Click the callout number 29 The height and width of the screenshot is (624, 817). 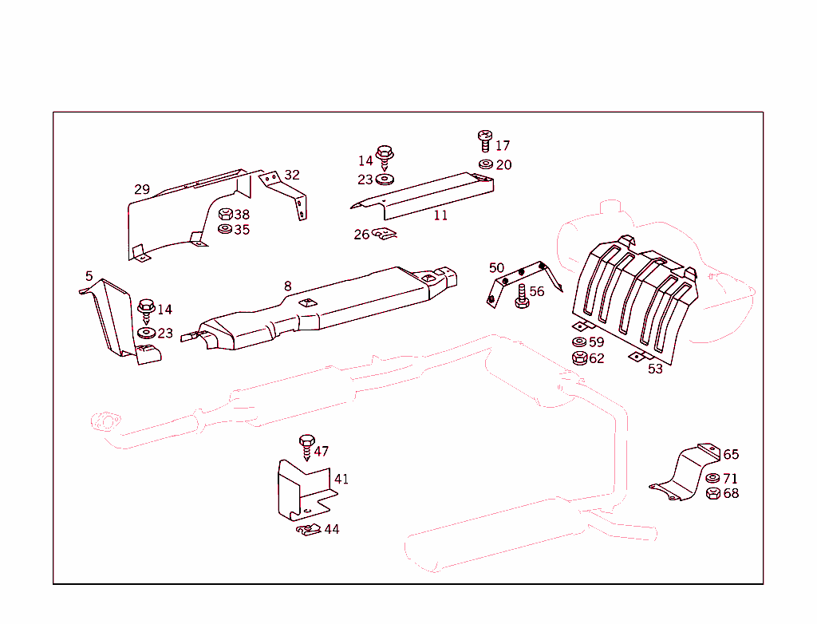[142, 190]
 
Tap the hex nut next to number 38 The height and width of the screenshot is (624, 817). [225, 215]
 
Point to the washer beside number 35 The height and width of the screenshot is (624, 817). [225, 230]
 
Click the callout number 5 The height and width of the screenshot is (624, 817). [89, 276]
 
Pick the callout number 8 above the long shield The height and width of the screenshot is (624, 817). [287, 286]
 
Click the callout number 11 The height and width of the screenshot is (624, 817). [440, 215]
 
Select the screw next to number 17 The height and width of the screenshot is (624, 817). [484, 141]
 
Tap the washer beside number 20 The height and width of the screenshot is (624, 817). [485, 164]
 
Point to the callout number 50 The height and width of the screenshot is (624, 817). [496, 268]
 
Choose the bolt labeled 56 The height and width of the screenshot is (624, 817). [521, 295]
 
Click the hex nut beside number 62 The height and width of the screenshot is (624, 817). [580, 358]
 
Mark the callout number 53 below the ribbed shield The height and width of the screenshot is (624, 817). [655, 369]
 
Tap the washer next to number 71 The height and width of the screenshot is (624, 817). [713, 479]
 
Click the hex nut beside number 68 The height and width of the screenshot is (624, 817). [713, 494]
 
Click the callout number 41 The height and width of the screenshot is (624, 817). [341, 480]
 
